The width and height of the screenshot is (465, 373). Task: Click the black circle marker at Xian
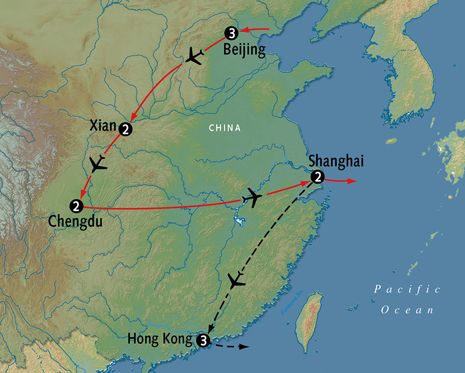(126, 129)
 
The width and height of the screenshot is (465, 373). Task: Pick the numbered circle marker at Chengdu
(76, 205)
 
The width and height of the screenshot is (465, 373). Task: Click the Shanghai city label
(337, 160)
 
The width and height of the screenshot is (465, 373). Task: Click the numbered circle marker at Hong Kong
(203, 339)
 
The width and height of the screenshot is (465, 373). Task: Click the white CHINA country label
(225, 128)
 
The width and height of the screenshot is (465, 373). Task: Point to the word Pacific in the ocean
(407, 289)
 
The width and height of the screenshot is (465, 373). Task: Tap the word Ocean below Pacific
(407, 310)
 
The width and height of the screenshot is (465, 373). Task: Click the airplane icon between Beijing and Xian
(195, 57)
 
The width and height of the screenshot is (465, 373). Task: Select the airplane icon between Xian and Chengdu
(99, 164)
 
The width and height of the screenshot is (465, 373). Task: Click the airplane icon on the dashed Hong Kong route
(236, 282)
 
